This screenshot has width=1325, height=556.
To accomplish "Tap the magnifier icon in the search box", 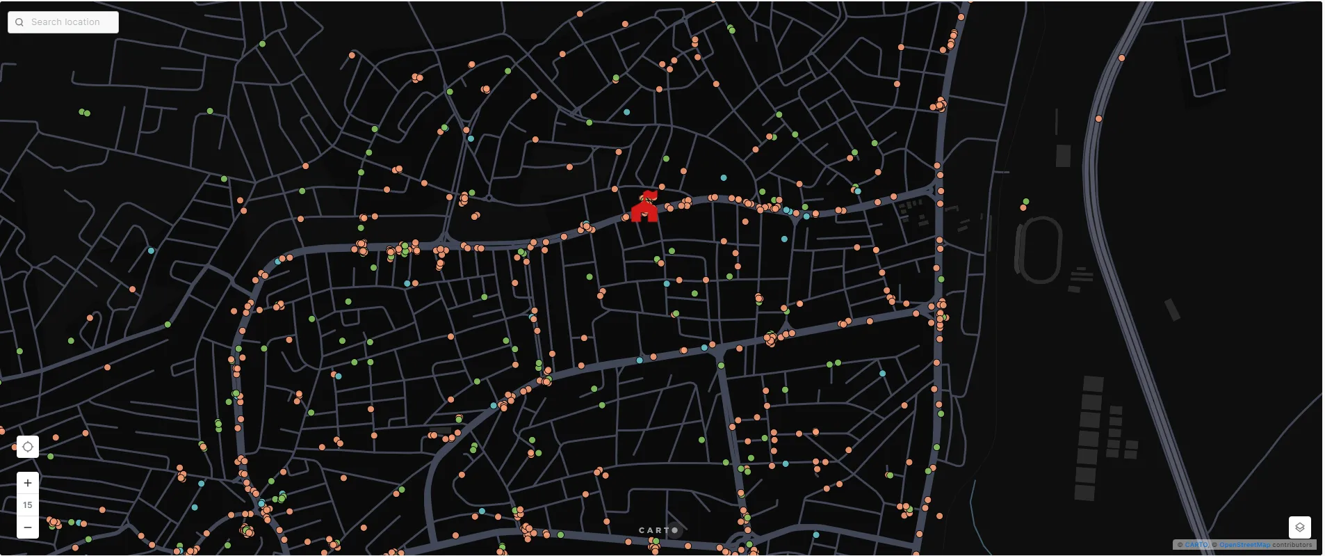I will tap(19, 22).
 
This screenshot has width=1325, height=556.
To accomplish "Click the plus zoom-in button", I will tap(28, 483).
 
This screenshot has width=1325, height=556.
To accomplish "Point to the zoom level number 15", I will tap(28, 505).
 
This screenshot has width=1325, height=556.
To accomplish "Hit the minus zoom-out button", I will tap(28, 527).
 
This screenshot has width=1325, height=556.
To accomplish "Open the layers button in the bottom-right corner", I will tap(1299, 527).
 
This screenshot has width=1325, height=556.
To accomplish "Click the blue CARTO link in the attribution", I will tap(1196, 545).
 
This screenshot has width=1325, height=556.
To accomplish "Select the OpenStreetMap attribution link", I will tap(1244, 545).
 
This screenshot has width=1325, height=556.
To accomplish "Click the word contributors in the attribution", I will tap(1292, 545).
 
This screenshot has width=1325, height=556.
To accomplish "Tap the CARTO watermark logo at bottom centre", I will tap(658, 530).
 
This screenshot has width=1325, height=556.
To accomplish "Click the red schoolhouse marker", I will tap(644, 209).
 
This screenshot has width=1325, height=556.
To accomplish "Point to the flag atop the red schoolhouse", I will tap(651, 194).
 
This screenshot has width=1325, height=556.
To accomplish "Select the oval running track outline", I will tap(1039, 250).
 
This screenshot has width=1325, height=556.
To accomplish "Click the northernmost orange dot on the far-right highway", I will tap(1121, 58).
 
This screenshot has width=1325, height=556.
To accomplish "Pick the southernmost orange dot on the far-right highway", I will tap(1098, 119).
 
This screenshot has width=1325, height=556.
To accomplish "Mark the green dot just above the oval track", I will tap(1026, 202).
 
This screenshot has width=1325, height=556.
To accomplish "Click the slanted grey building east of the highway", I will tap(1172, 310).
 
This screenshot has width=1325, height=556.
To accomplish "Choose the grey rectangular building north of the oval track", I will tap(1063, 156).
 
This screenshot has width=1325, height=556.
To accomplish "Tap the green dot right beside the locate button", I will tap(51, 456).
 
